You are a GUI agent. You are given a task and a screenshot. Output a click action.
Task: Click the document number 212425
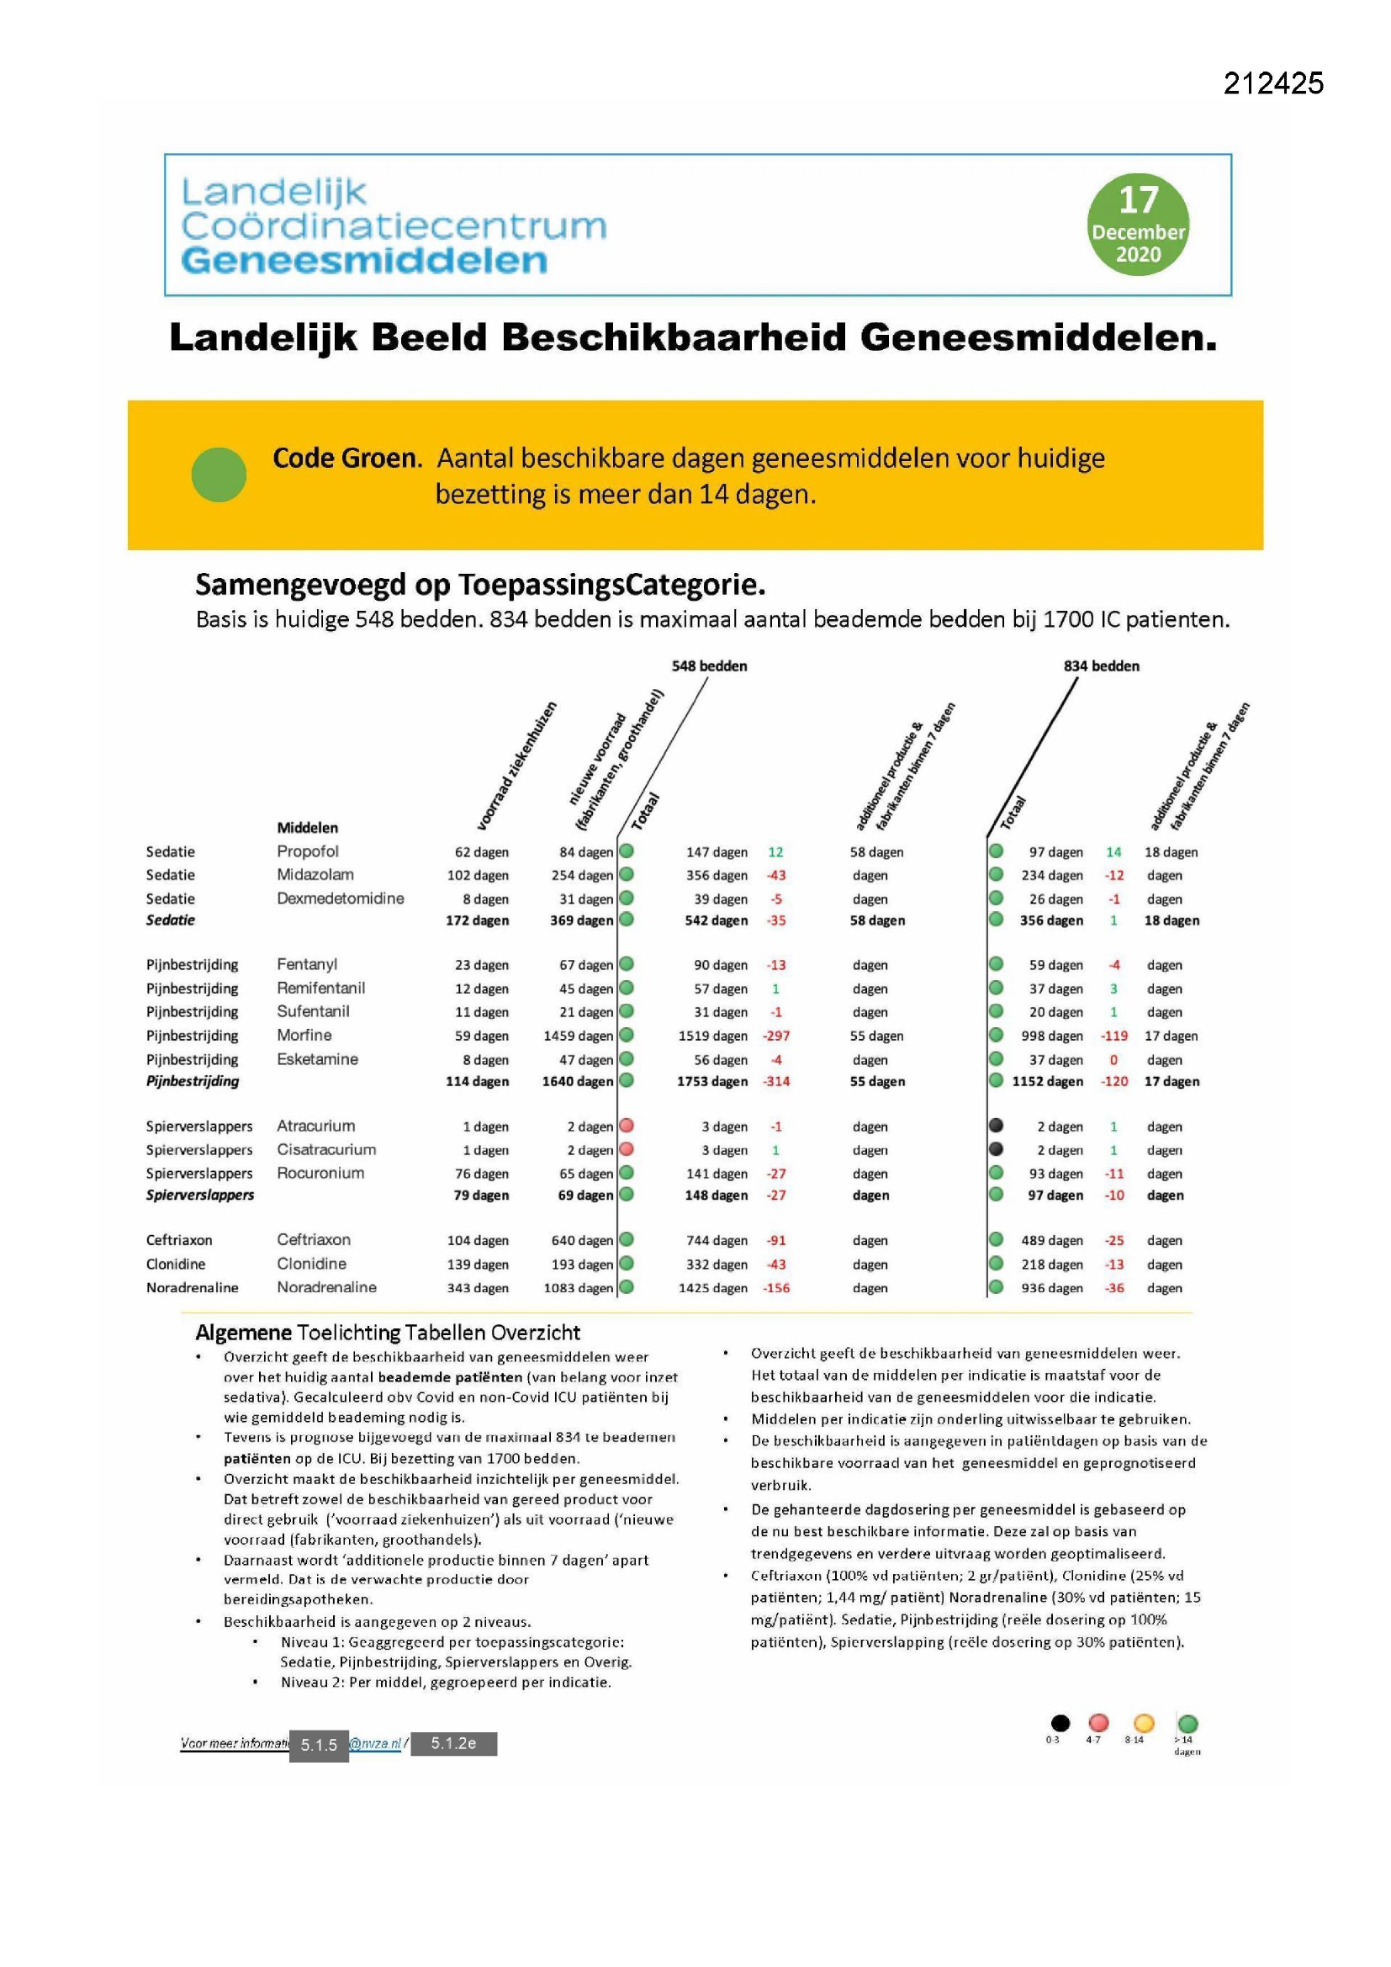click(x=1272, y=83)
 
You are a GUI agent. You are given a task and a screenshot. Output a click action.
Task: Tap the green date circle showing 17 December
click(x=1138, y=225)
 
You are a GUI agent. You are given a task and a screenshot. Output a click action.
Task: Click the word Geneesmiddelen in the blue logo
click(x=364, y=261)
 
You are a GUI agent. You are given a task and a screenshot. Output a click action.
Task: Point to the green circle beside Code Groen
click(x=219, y=475)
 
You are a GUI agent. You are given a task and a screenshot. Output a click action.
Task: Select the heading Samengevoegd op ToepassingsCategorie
click(x=479, y=584)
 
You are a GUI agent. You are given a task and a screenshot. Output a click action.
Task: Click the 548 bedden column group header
click(x=708, y=665)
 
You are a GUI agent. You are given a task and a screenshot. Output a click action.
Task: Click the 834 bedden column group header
click(x=1101, y=665)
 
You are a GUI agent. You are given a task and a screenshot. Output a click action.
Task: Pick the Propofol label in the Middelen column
click(x=308, y=851)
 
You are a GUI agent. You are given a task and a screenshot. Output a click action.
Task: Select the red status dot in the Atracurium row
click(x=627, y=1125)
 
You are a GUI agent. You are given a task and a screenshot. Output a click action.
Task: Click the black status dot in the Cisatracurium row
click(x=996, y=1149)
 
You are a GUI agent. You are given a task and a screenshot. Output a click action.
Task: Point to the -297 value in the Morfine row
click(x=776, y=1036)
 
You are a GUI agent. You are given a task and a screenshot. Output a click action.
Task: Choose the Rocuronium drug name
click(x=320, y=1173)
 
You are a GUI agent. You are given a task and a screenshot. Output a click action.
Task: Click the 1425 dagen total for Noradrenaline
click(x=712, y=1287)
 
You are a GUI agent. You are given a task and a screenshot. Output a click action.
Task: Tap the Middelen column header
click(x=307, y=828)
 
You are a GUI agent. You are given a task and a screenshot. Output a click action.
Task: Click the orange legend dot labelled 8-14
click(x=1144, y=1723)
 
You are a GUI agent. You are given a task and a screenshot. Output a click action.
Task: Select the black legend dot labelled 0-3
click(x=1060, y=1723)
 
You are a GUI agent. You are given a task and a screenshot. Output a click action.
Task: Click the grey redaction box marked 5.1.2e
click(x=453, y=1743)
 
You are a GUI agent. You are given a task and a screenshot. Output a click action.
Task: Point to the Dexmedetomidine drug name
click(x=340, y=898)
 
